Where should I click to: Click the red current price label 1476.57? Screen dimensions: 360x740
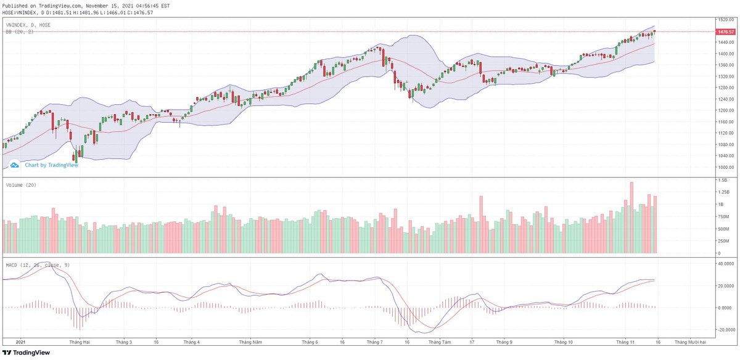(725, 31)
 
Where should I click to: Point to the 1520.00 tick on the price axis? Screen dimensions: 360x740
(725, 19)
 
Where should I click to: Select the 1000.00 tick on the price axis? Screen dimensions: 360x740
(725, 167)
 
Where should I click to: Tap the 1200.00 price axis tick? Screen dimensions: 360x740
(725, 110)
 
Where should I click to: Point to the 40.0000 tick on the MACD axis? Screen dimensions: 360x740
(726, 263)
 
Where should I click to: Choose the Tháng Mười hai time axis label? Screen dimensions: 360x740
(690, 342)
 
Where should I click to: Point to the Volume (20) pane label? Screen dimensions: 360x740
(20, 185)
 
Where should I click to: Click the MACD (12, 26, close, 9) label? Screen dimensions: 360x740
(36, 264)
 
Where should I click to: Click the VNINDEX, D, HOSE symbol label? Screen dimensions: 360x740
(28, 25)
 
